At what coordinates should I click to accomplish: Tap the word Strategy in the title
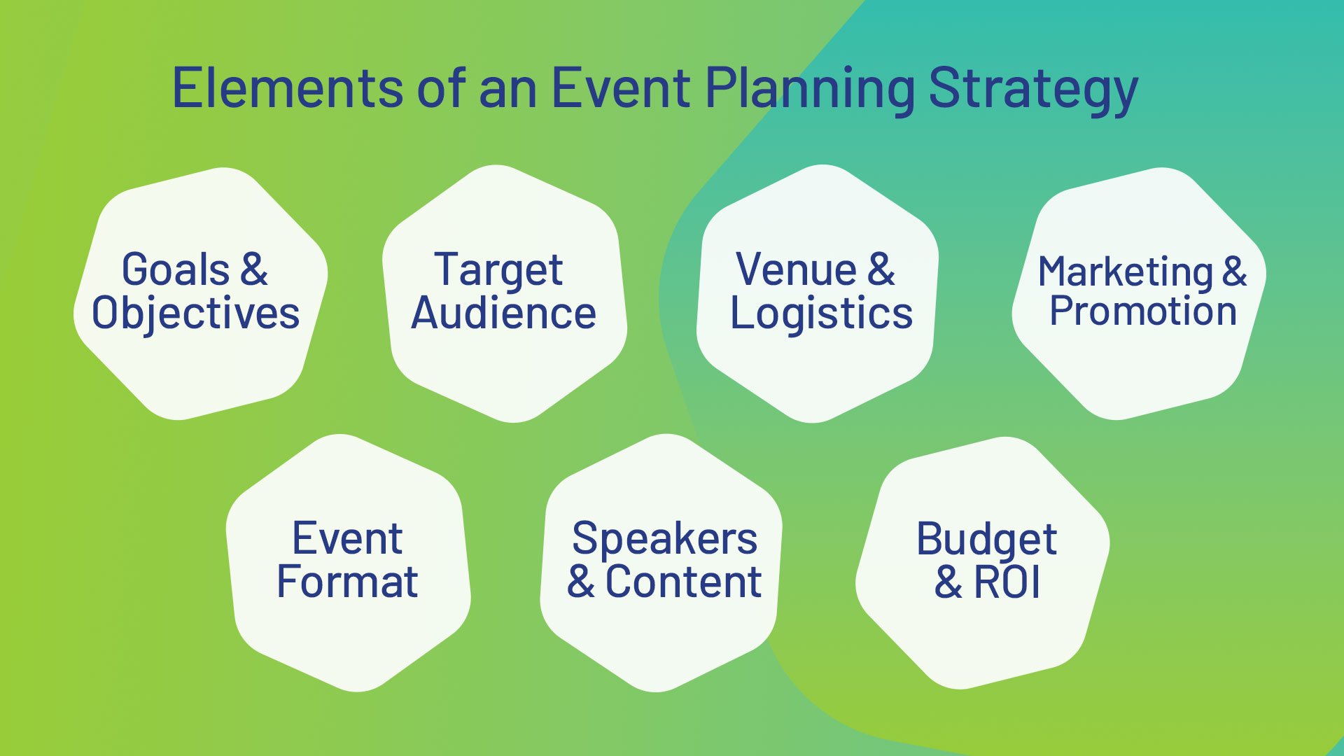1033,90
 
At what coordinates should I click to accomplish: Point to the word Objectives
196,313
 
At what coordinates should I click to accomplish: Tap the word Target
498,270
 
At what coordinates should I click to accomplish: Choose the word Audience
503,313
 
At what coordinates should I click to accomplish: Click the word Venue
796,269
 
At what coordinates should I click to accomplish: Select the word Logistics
821,313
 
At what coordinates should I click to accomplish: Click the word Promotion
1142,311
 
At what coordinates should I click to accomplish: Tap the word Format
347,582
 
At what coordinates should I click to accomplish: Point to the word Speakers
664,539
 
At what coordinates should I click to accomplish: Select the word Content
683,582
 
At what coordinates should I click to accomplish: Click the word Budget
986,540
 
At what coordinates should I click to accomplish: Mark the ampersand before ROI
948,582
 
